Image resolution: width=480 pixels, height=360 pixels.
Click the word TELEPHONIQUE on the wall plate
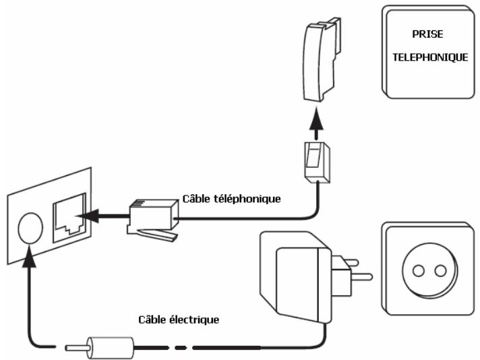coord(430,58)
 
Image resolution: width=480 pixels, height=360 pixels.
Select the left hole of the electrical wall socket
coord(419,271)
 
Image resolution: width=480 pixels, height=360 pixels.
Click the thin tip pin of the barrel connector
coord(73,349)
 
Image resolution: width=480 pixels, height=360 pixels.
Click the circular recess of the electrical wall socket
coord(429,271)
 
